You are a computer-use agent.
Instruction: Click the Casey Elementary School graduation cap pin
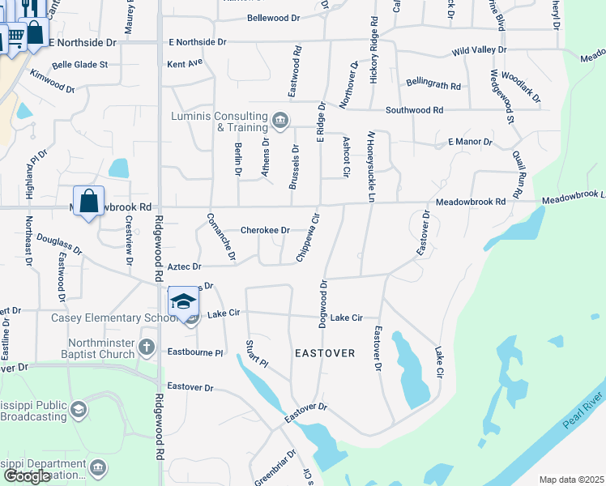point(183,301)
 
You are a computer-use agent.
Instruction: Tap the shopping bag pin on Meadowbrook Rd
point(88,201)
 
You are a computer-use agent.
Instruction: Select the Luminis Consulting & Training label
point(220,122)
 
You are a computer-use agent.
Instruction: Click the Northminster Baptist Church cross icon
point(147,347)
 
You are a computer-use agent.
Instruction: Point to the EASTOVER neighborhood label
point(325,353)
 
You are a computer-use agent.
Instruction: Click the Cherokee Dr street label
point(265,230)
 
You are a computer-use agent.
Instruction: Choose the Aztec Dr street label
point(184,266)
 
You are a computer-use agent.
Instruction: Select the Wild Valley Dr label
point(479,50)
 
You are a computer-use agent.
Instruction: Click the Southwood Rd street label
point(414,109)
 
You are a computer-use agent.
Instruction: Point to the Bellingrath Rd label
point(433,85)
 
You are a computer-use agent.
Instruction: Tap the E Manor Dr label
point(470,142)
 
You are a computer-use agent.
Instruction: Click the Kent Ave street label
point(184,62)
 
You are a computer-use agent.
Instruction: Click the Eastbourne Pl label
point(194,353)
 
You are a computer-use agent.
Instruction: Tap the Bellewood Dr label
point(273,17)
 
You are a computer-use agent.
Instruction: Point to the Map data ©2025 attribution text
point(571,480)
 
